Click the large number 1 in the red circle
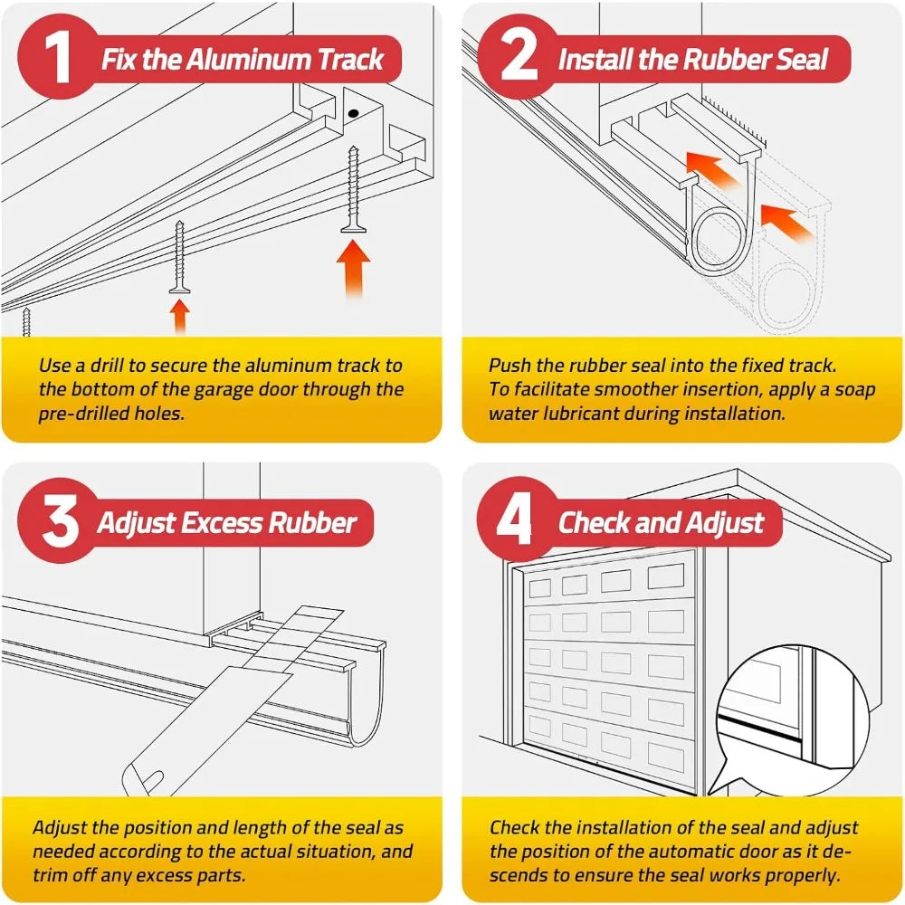60,59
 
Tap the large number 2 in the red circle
519,59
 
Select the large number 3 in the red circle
60,522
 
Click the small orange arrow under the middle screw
180,317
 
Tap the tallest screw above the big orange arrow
353,190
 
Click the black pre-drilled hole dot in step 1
355,115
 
